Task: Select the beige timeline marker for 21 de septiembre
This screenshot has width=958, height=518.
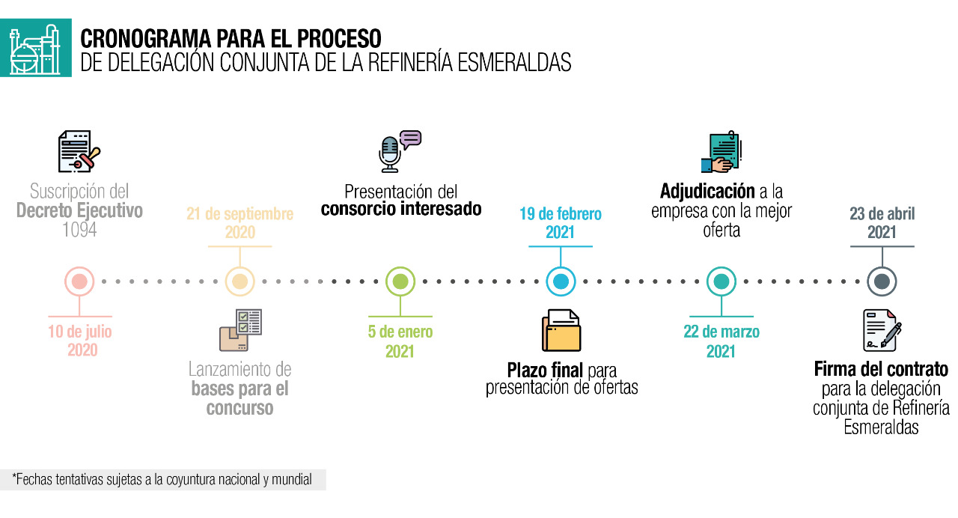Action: (x=239, y=282)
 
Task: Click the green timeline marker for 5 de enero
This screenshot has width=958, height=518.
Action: (x=400, y=282)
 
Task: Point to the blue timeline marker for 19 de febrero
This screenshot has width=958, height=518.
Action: (x=561, y=282)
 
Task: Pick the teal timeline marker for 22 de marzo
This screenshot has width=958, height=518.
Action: (x=721, y=282)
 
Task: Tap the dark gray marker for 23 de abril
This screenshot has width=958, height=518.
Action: (x=882, y=282)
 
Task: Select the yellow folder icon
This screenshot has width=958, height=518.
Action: (x=561, y=331)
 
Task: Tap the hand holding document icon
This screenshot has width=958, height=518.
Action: (x=721, y=153)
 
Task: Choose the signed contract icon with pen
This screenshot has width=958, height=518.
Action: (x=882, y=330)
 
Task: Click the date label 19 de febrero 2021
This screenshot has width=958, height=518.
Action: (x=560, y=223)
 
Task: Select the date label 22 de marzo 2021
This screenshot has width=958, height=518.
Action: (x=721, y=341)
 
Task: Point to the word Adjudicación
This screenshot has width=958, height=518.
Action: (x=707, y=191)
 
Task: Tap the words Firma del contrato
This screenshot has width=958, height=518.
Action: (x=881, y=370)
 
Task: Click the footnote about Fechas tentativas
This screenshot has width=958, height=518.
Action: (x=162, y=480)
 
